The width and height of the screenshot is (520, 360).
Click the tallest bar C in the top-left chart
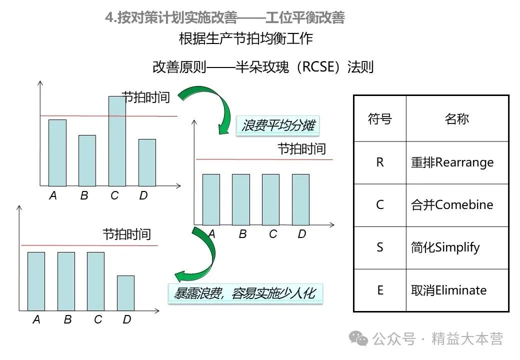coord(117,141)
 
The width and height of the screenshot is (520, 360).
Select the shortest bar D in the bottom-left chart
coord(125,293)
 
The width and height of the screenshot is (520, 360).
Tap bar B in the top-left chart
coord(87,160)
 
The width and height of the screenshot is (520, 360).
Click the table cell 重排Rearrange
coord(452,162)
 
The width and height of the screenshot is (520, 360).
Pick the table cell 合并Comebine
coord(452,205)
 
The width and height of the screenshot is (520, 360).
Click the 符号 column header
coord(380,119)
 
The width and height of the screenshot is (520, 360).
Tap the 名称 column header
coord(456,119)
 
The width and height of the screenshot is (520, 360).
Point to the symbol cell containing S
coord(380,247)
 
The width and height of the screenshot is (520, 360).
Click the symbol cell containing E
coord(380,290)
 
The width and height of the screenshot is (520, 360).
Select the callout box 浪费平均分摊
coord(277,125)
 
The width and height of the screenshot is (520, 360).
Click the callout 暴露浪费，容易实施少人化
coord(244,292)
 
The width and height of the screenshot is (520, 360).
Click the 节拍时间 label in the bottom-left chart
coord(126,234)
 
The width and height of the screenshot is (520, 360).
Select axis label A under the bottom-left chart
coord(36,319)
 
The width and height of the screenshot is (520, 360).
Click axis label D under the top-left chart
coord(143,195)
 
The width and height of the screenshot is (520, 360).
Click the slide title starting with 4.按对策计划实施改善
coord(225,18)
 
